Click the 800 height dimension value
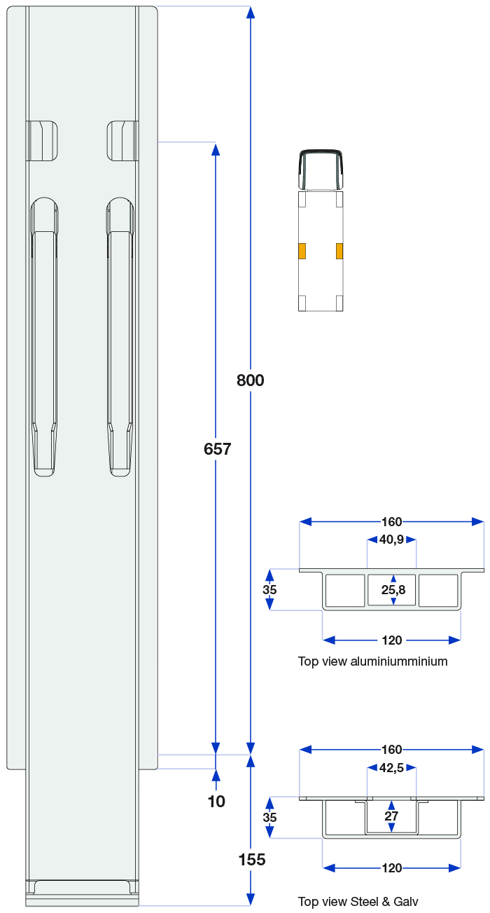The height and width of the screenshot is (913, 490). point(250,380)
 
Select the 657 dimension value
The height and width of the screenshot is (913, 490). point(217,449)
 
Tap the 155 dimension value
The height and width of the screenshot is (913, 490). point(251,860)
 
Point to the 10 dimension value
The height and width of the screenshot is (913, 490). point(216,802)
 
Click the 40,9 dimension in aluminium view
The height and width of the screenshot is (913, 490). point(392,540)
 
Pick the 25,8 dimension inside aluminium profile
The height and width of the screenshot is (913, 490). point(393,591)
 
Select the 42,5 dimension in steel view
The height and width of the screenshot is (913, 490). point(392,768)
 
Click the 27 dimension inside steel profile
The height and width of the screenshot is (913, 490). point(391,816)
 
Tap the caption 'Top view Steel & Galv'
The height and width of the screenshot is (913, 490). point(358,902)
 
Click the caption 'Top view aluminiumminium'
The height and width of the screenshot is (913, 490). point(372,661)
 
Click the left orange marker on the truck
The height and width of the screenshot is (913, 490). point(302,251)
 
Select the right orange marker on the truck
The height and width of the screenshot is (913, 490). point(339,251)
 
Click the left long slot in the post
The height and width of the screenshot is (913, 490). point(44,336)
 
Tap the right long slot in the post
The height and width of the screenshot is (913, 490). point(120,336)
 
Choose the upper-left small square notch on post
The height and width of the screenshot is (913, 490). point(42,141)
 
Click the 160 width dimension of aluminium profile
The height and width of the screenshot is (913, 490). point(392,521)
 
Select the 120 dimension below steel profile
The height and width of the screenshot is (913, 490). point(392,868)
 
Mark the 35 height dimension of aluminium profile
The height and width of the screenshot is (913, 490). point(269,590)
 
